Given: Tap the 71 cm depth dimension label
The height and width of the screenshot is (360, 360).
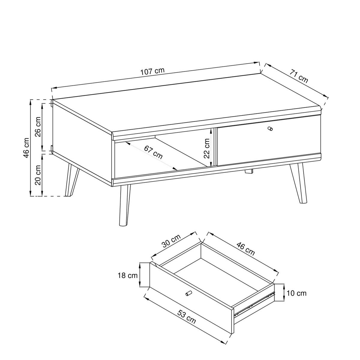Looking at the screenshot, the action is (x=298, y=76).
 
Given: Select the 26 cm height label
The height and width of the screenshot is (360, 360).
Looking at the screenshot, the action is (x=38, y=127).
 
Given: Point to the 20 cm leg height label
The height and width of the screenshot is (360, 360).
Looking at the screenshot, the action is (x=38, y=175).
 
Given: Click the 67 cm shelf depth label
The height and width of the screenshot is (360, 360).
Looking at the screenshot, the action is (x=153, y=152).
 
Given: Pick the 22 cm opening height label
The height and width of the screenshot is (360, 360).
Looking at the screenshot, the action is (x=206, y=148).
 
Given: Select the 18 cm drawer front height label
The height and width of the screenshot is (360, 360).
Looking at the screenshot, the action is (x=127, y=275).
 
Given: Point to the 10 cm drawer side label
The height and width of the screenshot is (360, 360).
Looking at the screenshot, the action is (x=296, y=293).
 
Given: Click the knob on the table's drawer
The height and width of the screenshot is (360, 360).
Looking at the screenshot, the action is (x=270, y=128).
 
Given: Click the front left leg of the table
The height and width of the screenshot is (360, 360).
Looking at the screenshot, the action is (x=125, y=205).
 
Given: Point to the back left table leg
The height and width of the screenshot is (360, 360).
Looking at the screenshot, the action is (x=72, y=180).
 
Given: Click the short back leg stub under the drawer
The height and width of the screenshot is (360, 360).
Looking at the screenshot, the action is (x=249, y=171).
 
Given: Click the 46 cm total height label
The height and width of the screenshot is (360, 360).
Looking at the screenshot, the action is (x=26, y=148).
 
